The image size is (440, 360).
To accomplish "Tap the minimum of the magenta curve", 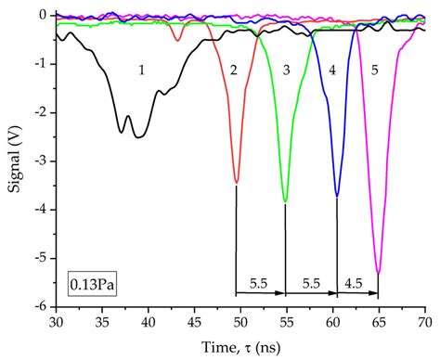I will tap(378, 272).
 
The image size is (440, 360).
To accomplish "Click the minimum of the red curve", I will tap(237, 182).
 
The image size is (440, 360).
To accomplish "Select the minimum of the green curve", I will tap(285, 201).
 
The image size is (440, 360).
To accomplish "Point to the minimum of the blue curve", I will tap(336, 196).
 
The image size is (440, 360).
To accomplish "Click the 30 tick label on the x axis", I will tap(56, 320).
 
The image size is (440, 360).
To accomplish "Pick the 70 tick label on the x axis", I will tap(424, 320).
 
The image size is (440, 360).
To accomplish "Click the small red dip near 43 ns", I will tap(177, 39).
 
